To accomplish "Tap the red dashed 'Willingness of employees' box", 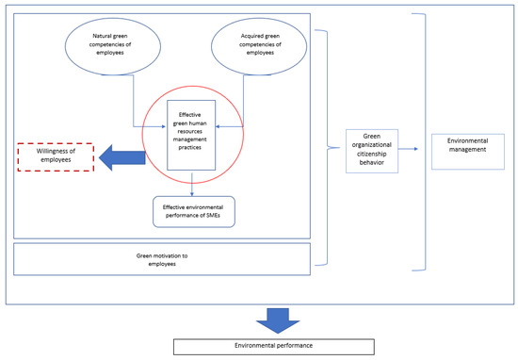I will (x=56, y=155).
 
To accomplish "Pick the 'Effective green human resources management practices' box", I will (x=193, y=134).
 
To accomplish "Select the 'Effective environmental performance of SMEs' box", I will (x=193, y=211).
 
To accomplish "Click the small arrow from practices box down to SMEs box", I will (x=193, y=181).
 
